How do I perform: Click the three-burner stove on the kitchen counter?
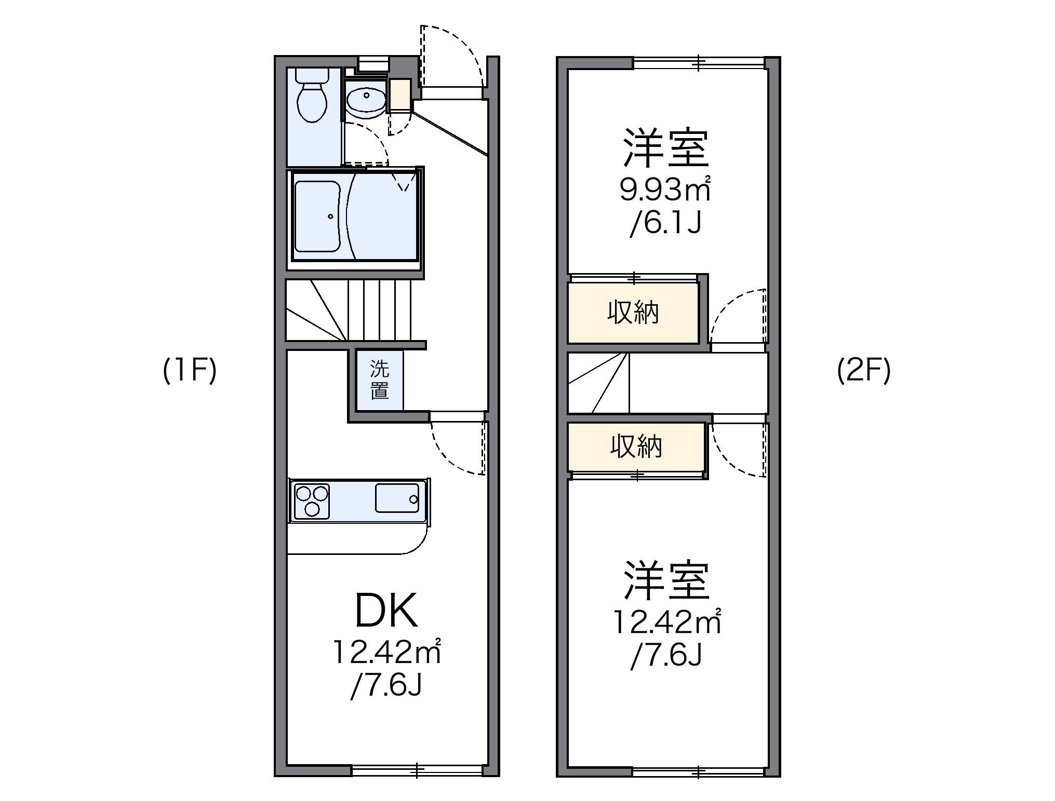[x=312, y=500]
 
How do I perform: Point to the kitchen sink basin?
[x=397, y=498]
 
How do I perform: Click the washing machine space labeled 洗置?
[x=380, y=380]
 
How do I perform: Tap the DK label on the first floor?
[x=386, y=611]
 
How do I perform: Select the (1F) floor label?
[x=189, y=371]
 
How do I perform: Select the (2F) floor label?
[x=863, y=371]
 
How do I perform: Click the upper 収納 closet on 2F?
[x=633, y=313]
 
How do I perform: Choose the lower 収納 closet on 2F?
[x=636, y=446]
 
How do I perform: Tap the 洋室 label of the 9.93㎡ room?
[x=666, y=148]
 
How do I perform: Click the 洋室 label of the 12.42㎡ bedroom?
[x=666, y=580]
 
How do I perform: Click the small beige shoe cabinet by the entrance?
[x=400, y=94]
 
